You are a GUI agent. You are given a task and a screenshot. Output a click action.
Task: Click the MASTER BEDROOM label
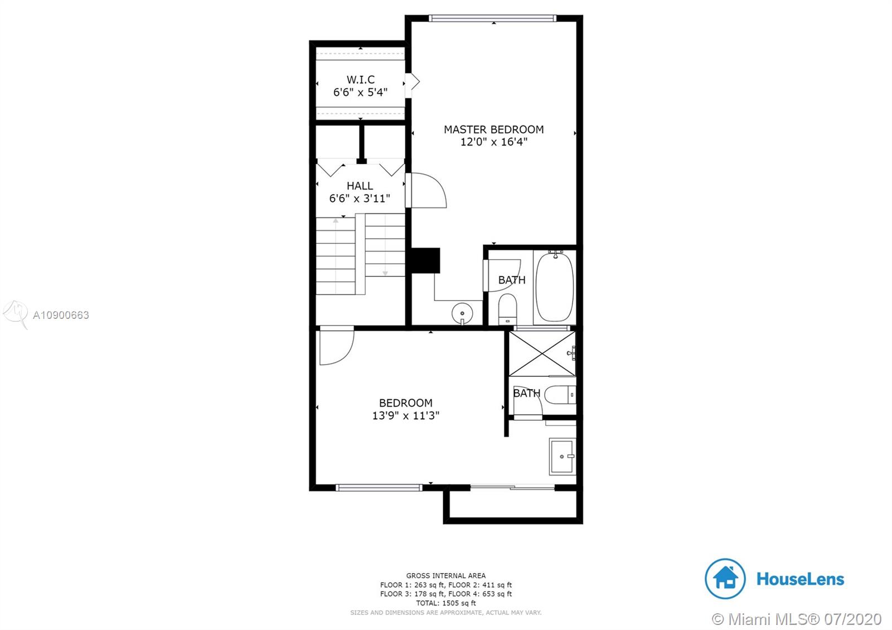[493, 129]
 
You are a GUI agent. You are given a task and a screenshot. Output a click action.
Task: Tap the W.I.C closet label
[360, 80]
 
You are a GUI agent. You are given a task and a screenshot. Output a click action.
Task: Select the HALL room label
[360, 186]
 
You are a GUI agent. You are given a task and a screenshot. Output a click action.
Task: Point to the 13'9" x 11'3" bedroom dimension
[405, 416]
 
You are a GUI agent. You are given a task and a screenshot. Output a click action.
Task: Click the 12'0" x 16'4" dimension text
[494, 142]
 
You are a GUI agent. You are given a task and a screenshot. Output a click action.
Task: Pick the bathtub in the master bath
[555, 286]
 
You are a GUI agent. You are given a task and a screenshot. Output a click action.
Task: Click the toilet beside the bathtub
[508, 309]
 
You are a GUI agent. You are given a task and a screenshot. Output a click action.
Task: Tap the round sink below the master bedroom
[462, 313]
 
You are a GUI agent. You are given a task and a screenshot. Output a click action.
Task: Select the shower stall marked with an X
[542, 353]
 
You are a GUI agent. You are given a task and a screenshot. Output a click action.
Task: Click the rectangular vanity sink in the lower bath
[563, 457]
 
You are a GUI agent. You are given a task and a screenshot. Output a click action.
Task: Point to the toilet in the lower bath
[560, 395]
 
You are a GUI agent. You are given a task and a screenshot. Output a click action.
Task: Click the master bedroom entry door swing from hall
[426, 190]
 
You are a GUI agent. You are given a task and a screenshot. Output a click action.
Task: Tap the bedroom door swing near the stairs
[337, 345]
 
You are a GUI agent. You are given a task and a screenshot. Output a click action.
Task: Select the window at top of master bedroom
[493, 18]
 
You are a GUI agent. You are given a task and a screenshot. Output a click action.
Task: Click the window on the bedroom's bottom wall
[379, 488]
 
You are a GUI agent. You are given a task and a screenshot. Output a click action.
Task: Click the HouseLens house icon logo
[725, 579]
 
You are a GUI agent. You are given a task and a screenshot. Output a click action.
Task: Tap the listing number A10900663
[61, 316]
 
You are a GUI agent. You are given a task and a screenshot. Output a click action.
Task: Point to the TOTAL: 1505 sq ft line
[446, 603]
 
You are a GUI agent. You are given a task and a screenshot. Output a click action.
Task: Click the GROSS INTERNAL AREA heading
[446, 575]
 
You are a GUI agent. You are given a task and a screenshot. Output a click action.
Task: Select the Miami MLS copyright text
[797, 619]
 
